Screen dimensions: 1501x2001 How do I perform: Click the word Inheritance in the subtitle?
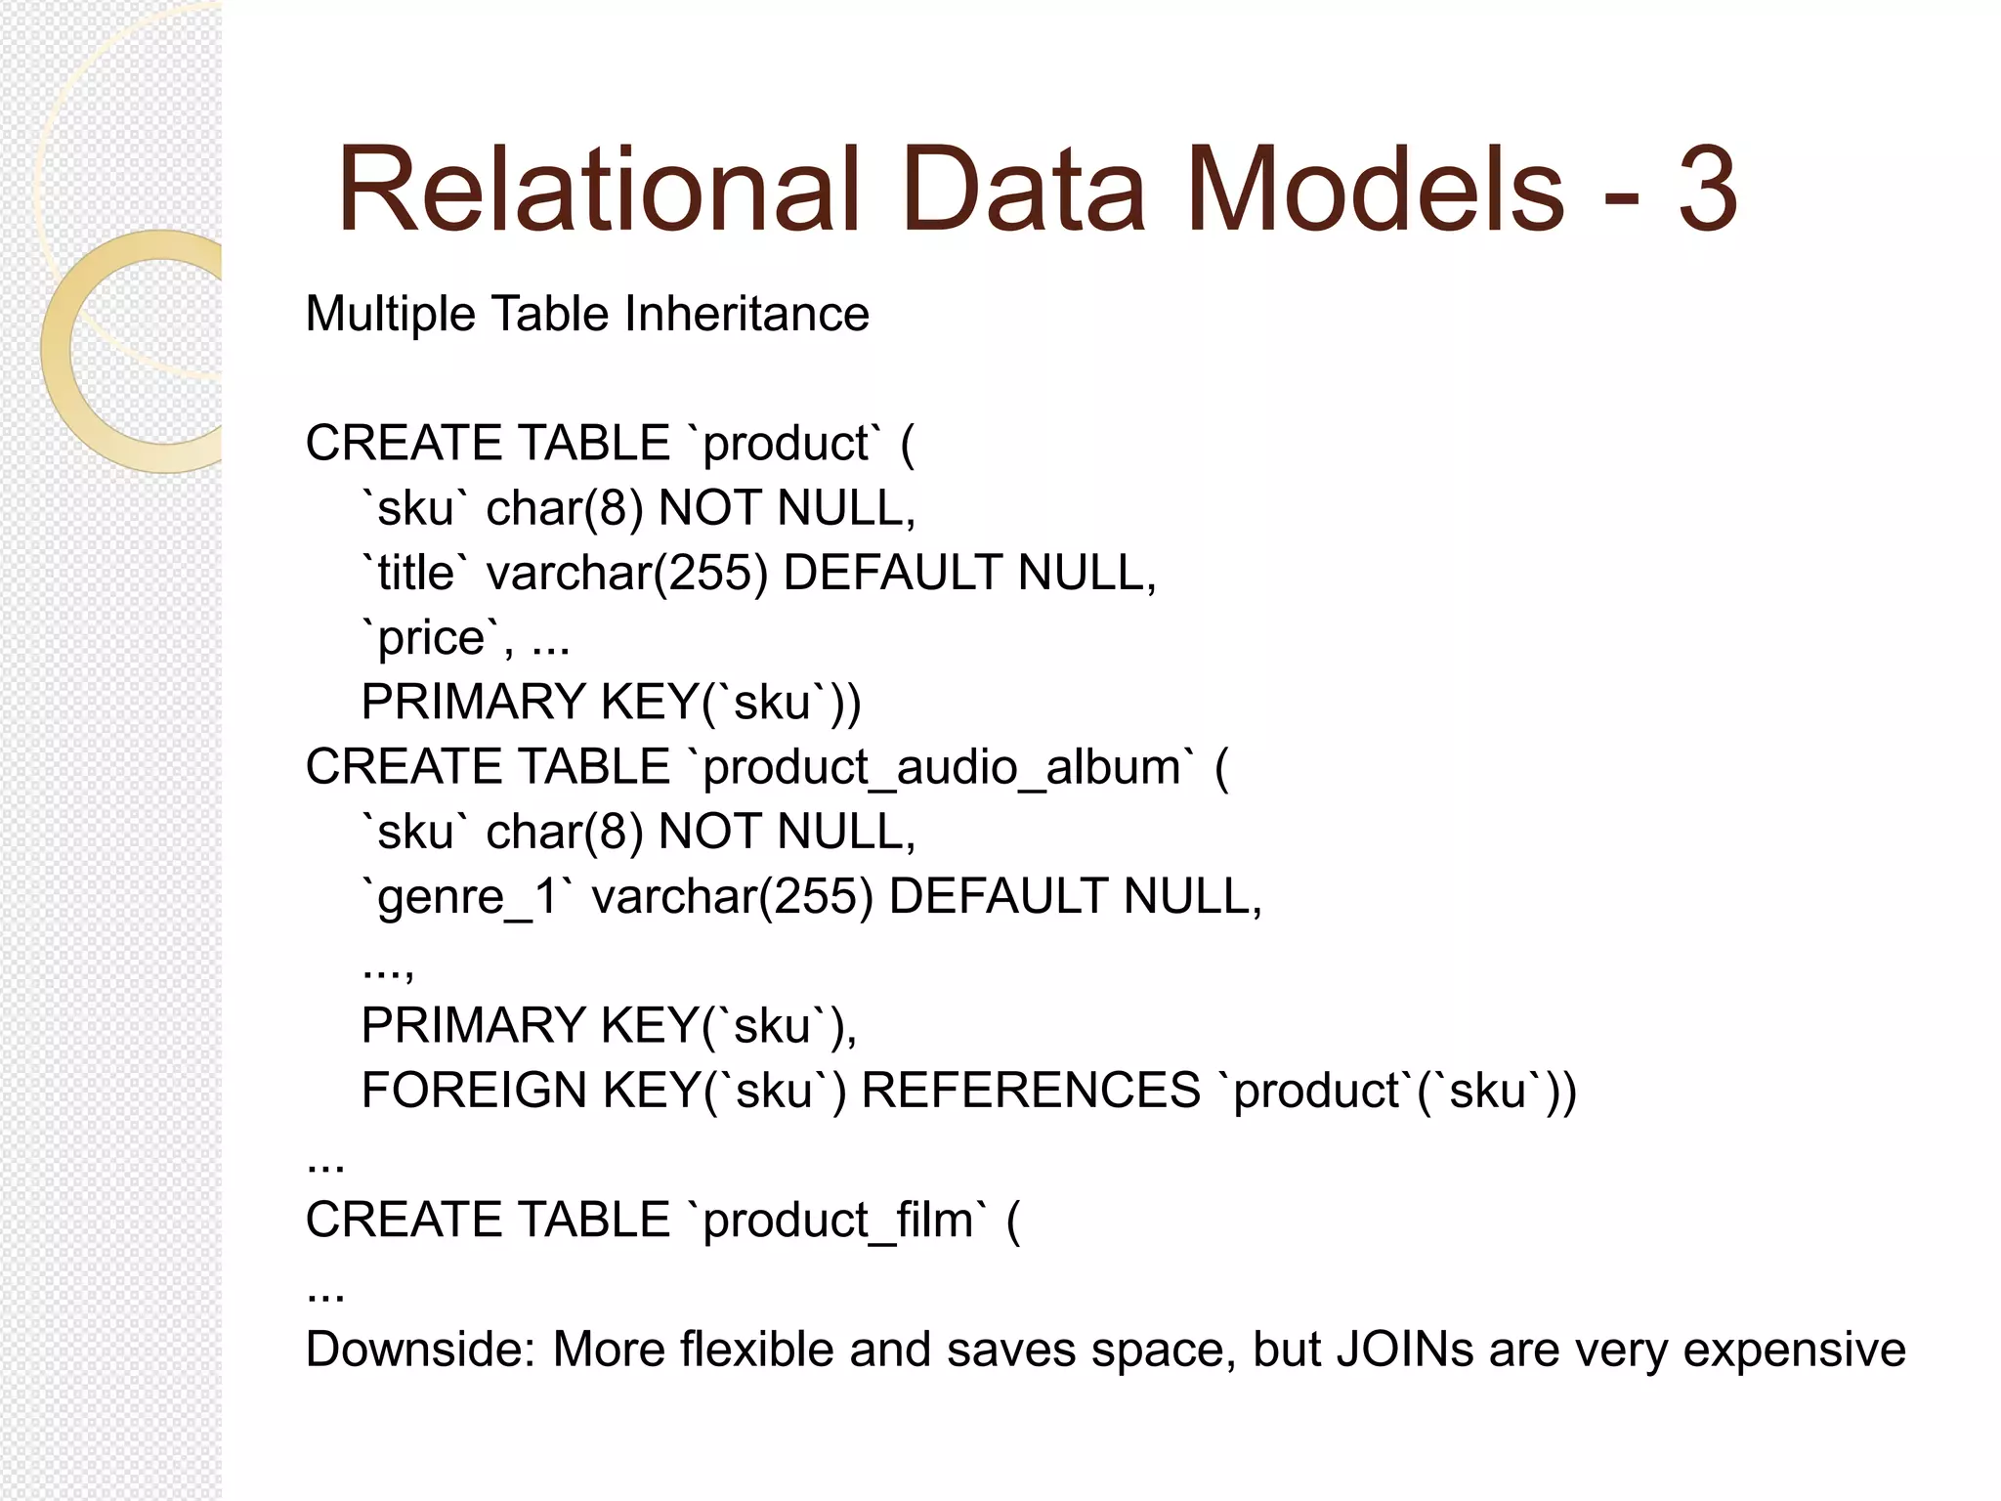coord(746,315)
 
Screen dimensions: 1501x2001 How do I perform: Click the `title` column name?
coord(407,573)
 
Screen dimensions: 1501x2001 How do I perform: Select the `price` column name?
coord(430,639)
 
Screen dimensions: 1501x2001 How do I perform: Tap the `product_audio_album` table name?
coord(941,768)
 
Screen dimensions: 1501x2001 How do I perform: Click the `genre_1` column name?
coord(465,897)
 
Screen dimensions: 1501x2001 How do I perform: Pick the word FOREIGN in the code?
coord(473,1091)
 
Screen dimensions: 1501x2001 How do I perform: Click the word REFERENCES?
coord(1031,1091)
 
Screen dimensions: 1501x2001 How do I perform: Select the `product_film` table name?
coord(837,1221)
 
